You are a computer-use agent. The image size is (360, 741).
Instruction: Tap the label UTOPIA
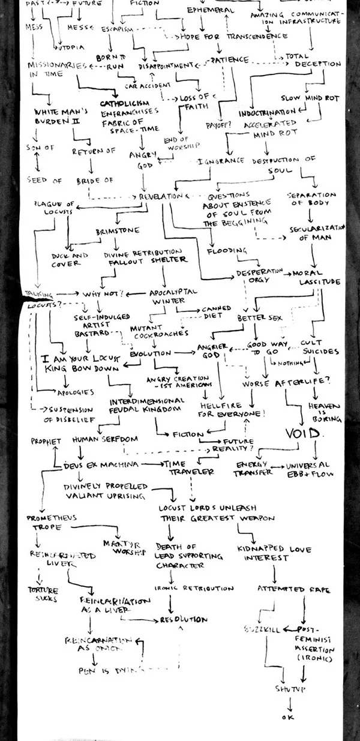click(x=70, y=46)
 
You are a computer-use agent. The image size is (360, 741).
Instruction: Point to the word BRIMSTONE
click(x=118, y=230)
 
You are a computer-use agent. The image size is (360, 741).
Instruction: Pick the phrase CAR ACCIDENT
click(x=144, y=85)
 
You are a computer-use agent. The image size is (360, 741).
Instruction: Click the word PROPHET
click(x=46, y=442)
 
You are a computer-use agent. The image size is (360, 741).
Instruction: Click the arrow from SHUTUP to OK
click(x=290, y=702)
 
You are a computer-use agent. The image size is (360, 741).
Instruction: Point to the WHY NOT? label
click(x=103, y=294)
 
